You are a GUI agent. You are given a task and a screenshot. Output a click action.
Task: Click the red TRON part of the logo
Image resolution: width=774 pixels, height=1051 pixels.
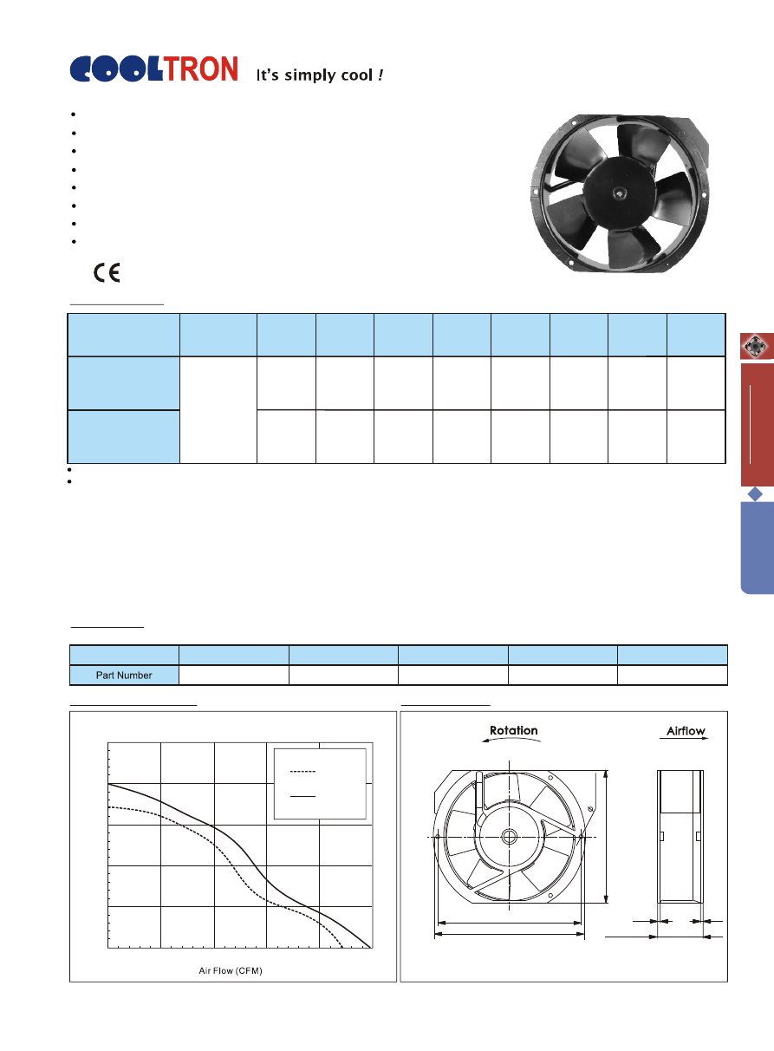(201, 69)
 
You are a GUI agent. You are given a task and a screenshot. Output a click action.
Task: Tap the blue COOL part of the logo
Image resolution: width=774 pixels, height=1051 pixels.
(116, 69)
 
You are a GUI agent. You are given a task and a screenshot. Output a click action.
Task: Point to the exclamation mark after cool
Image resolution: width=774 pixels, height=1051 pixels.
(380, 75)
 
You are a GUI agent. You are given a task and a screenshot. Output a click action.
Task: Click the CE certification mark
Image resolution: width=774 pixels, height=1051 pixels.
(107, 272)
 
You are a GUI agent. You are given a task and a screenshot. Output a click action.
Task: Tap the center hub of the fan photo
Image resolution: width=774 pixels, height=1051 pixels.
(619, 192)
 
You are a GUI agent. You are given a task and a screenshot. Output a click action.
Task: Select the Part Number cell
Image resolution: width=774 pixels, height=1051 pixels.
(124, 675)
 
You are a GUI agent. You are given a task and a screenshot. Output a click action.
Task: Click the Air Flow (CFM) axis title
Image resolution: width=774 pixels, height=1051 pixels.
(231, 970)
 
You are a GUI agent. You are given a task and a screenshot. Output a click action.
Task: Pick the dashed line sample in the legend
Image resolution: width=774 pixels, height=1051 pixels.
(302, 772)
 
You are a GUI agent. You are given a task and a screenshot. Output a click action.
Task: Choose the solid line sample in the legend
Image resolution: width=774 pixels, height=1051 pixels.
(302, 796)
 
